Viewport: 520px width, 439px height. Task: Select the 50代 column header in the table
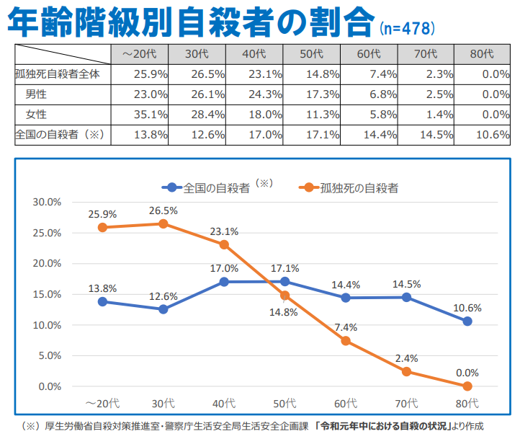(x=311, y=54)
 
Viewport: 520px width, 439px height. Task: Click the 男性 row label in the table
(x=37, y=94)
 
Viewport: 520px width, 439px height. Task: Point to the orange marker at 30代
(x=163, y=223)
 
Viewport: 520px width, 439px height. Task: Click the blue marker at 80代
(x=467, y=322)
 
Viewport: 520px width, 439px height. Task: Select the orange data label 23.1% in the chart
(x=224, y=231)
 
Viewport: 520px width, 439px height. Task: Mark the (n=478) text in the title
(x=407, y=29)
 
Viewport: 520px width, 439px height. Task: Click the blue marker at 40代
(x=224, y=282)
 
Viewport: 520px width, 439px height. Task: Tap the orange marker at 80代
(x=467, y=386)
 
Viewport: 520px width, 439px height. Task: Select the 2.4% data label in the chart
(x=406, y=358)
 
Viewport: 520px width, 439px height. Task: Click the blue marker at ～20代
(x=102, y=301)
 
